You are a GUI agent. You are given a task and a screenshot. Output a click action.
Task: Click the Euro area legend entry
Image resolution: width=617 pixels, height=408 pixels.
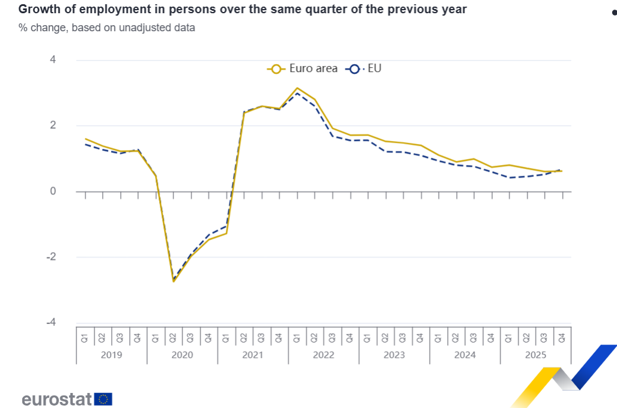point(303,68)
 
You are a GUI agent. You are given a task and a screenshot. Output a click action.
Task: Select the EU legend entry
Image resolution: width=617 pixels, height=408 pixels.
point(364,68)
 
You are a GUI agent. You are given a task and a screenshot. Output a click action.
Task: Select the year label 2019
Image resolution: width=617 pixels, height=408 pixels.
point(111,355)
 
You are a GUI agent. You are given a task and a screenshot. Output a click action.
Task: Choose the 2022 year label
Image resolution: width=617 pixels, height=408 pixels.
point(323,355)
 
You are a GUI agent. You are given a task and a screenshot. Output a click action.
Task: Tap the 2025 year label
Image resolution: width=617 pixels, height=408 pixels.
point(535,355)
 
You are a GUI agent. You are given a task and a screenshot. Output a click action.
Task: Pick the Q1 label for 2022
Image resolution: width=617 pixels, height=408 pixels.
point(297,338)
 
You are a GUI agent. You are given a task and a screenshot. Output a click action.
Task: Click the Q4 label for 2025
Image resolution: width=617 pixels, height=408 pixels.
point(562,338)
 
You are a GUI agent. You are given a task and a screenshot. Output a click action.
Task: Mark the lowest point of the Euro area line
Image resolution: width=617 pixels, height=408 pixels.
point(174,281)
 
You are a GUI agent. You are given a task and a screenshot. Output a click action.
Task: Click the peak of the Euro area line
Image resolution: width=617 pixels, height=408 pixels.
point(297,88)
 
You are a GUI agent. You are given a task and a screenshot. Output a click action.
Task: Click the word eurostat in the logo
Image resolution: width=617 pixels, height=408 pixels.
point(56,399)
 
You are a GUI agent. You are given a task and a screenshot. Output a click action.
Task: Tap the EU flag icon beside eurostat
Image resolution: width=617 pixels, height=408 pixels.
point(103,399)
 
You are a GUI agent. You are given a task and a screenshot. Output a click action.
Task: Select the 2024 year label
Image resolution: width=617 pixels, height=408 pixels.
point(464,355)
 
